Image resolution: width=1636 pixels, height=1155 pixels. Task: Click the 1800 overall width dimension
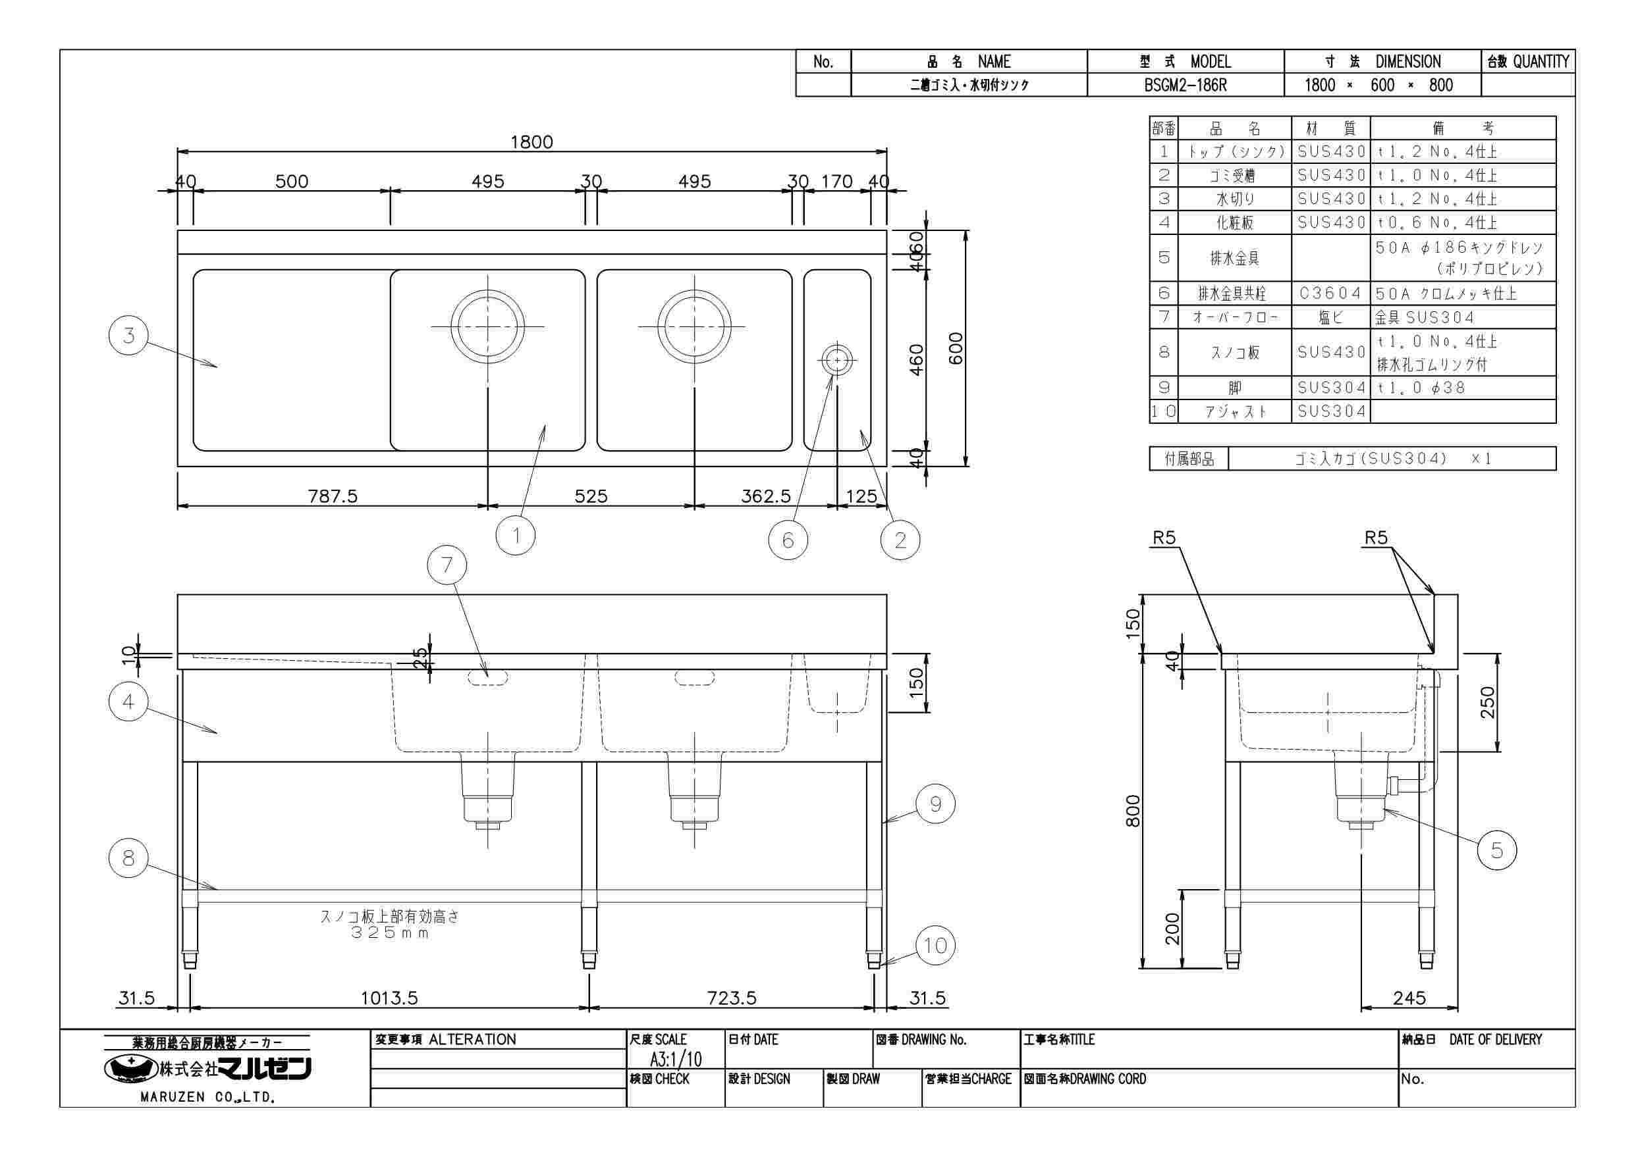pos(532,141)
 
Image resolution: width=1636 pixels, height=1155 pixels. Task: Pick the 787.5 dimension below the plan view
pos(333,496)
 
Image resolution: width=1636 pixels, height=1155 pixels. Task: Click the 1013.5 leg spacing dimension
pos(389,998)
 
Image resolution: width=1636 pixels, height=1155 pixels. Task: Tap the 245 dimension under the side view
pos(1409,998)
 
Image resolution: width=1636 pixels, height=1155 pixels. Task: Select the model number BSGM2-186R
pos(1186,86)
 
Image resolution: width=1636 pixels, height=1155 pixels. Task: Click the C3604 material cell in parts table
pos(1330,294)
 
